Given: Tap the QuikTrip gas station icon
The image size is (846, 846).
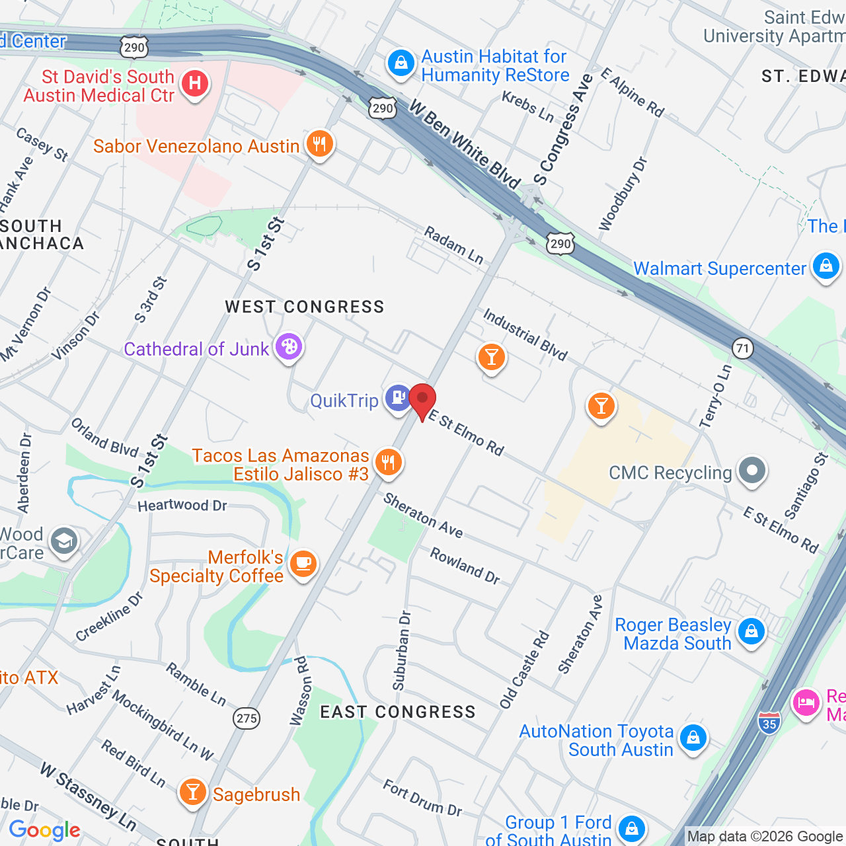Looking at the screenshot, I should tap(399, 398).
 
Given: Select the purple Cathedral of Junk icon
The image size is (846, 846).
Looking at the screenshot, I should tap(288, 346).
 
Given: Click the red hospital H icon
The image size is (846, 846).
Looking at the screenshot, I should tap(194, 84).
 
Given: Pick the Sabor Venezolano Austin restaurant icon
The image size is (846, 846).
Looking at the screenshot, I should tap(320, 143).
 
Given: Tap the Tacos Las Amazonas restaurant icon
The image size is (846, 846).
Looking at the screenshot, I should tap(389, 462).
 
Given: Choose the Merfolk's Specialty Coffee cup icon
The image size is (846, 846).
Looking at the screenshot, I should tap(303, 564).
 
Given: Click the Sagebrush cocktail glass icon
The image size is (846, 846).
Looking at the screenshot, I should tap(192, 791).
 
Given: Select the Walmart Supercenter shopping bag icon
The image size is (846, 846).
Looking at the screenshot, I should tap(826, 266).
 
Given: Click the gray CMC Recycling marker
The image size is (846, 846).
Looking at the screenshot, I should tap(751, 471).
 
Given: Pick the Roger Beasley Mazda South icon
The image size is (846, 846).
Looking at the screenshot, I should tap(751, 631).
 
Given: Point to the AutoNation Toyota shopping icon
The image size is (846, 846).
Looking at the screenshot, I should tap(693, 737).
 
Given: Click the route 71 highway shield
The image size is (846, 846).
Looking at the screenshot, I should tap(743, 348).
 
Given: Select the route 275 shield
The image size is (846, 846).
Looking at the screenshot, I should tap(247, 718).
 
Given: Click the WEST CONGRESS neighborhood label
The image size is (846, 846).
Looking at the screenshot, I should tap(305, 307).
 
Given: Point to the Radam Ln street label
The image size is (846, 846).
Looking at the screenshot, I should tap(453, 245).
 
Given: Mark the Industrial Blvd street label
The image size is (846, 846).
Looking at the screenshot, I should tap(525, 335).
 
